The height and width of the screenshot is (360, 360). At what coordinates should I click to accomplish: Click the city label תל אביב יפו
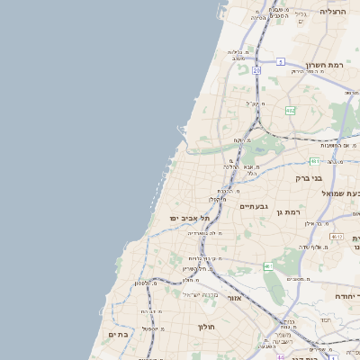pyautogui.click(x=189, y=218)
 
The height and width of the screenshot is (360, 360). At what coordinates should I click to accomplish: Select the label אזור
pyautogui.click(x=234, y=298)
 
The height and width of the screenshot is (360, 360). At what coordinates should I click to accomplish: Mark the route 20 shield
pyautogui.click(x=256, y=69)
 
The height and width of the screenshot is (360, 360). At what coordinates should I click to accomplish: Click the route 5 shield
pyautogui.click(x=281, y=61)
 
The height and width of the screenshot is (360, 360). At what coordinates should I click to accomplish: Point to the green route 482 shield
pyautogui.click(x=290, y=111)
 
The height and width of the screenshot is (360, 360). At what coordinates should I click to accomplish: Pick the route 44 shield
pyautogui.click(x=282, y=356)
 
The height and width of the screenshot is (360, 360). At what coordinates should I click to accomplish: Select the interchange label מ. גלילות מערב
pyautogui.click(x=238, y=54)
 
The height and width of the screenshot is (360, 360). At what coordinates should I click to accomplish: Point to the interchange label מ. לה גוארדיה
pyautogui.click(x=208, y=232)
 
